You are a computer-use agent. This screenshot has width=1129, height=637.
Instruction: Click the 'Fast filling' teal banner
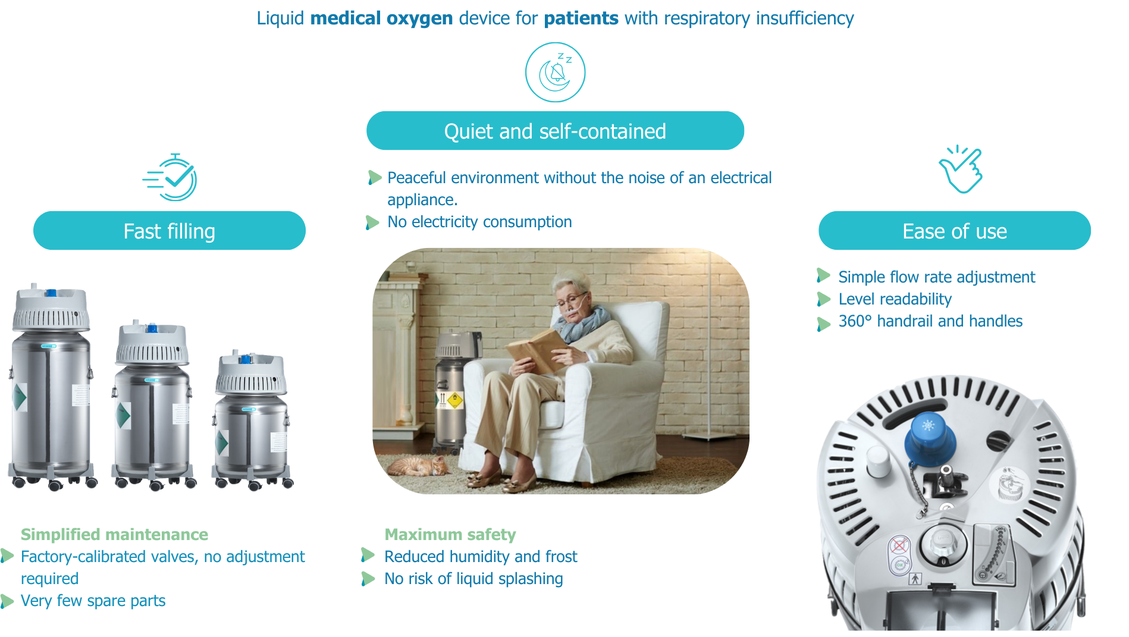pos(170,231)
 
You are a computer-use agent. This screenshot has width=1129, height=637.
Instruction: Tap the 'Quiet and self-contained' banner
pos(555,131)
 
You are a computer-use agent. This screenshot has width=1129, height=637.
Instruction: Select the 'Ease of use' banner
pos(955,231)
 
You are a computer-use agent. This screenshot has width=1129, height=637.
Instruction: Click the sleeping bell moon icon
pos(556,72)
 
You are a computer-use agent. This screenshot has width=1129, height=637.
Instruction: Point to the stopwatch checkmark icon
pos(171,178)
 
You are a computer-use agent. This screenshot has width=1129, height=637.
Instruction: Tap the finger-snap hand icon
pos(961,169)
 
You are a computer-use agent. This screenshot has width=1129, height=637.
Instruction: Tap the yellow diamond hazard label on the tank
pos(454,400)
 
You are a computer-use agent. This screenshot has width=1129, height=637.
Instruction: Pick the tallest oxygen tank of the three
pos(51,387)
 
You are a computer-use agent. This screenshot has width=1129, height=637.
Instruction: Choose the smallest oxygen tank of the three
pos(252,420)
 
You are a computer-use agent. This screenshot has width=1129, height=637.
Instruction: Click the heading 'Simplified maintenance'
pos(114,534)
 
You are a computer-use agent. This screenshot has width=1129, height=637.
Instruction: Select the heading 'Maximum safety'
pos(450,534)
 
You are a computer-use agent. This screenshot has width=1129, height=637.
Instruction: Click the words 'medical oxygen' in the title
pos(381,18)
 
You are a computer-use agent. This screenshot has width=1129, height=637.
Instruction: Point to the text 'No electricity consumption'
pos(479,222)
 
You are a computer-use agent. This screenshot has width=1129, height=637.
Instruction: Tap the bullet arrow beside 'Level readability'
pos(824,299)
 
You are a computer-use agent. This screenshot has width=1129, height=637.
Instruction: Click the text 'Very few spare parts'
pos(93,601)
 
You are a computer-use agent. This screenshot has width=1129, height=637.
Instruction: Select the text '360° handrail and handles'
pos(930,321)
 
